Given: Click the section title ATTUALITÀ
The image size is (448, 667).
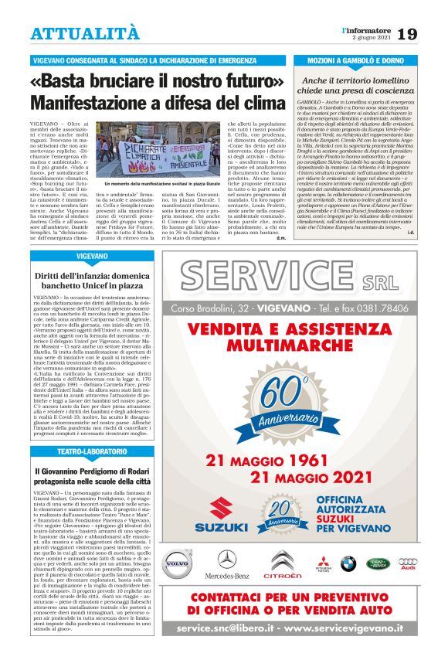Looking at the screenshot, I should (85, 33).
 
